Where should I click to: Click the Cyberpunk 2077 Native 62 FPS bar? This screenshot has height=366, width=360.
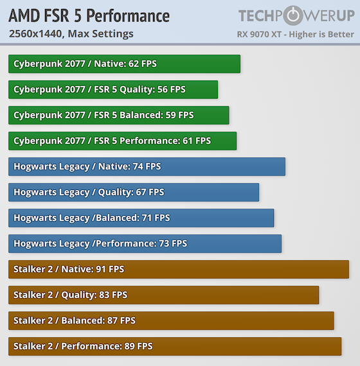[x=124, y=64]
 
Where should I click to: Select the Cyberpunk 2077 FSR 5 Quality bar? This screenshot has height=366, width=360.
[x=113, y=89]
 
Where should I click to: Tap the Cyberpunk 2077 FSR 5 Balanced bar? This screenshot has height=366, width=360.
[x=119, y=115]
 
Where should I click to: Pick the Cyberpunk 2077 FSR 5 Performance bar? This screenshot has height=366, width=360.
[x=122, y=141]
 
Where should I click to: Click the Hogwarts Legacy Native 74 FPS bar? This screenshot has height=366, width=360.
[x=147, y=166]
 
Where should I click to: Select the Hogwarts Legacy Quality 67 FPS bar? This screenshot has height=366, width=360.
[x=134, y=192]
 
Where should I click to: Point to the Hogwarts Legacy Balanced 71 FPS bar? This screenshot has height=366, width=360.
[x=141, y=218]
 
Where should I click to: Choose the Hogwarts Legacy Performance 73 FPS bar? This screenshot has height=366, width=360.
[x=145, y=243]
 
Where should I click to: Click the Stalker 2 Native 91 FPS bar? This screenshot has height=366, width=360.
[x=179, y=269]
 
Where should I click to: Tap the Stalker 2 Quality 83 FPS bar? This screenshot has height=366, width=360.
[x=164, y=295]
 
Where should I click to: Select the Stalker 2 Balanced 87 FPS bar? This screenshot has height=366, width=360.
[x=171, y=320]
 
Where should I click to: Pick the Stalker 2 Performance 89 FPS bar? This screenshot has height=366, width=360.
[x=175, y=346]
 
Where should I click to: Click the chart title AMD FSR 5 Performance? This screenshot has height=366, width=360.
[x=89, y=16]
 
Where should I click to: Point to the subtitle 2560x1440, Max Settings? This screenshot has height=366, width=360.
[x=71, y=33]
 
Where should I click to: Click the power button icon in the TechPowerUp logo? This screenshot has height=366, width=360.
[x=293, y=15]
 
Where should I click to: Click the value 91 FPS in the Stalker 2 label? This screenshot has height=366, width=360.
[x=109, y=269]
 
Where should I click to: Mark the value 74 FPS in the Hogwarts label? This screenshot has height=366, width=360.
[x=147, y=166]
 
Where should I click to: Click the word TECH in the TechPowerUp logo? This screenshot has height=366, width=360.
[x=261, y=16]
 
